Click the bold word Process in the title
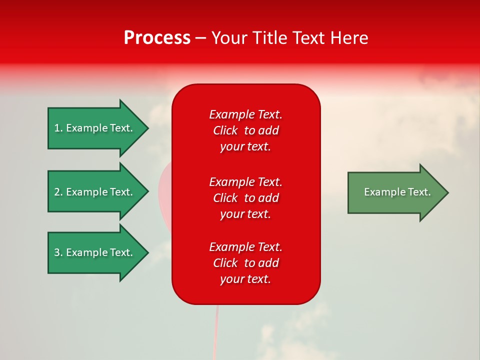(x=157, y=38)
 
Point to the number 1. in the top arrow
(x=58, y=128)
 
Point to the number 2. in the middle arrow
(x=58, y=192)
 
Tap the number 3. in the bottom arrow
(x=58, y=252)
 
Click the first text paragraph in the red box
(x=245, y=130)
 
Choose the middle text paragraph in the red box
(x=245, y=198)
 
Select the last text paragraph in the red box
(x=245, y=263)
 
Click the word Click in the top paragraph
(x=225, y=130)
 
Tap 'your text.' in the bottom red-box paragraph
(x=245, y=279)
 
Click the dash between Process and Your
(x=201, y=38)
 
